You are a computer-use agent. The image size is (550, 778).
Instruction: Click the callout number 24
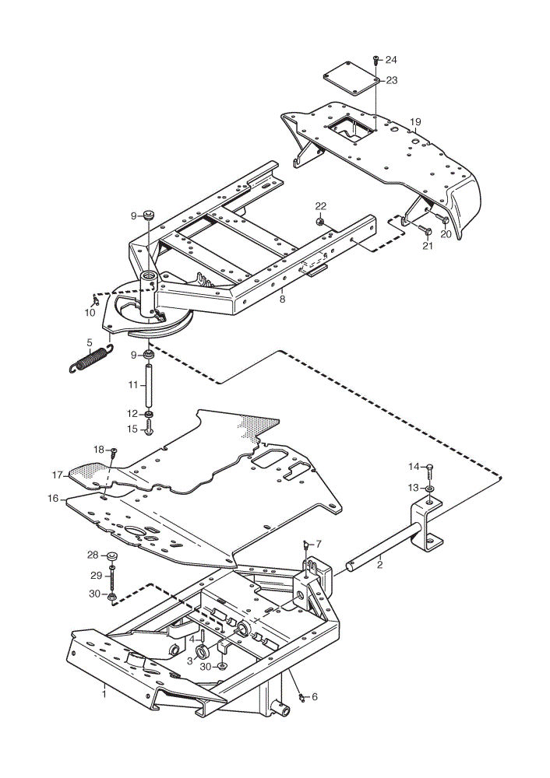(391, 60)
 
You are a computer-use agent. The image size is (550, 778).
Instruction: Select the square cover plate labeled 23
(351, 79)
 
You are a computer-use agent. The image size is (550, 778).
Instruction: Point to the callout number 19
(415, 122)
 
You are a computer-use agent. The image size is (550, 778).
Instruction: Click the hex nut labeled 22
(320, 220)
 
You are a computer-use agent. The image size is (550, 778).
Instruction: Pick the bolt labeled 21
(424, 230)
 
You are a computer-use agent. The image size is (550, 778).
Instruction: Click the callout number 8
(282, 300)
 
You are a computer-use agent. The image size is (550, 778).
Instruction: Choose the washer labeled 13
(430, 489)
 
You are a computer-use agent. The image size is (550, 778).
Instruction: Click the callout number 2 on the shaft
(379, 565)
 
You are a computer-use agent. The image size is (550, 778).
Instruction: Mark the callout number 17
(57, 475)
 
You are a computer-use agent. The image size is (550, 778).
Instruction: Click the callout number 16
(53, 499)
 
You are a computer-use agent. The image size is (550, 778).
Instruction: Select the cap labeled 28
(111, 555)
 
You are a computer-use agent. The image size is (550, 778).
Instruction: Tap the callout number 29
(97, 576)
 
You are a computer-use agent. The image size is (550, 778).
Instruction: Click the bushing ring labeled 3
(203, 651)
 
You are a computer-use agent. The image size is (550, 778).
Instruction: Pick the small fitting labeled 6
(301, 696)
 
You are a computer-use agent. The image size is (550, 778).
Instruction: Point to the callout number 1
(104, 694)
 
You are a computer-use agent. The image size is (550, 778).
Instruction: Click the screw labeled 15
(149, 428)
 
